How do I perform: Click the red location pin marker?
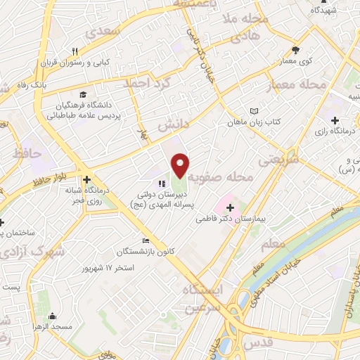181,165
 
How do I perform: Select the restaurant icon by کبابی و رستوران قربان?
75,51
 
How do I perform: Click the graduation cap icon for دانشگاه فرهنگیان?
83,94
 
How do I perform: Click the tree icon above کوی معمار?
297,50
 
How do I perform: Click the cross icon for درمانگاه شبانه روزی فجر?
88,180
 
